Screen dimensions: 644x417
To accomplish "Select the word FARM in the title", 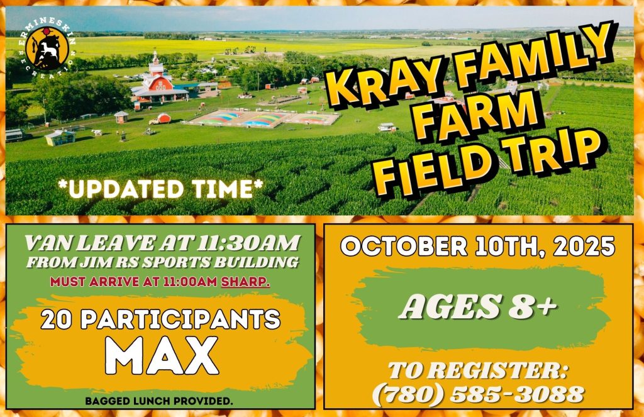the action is coord(480,116).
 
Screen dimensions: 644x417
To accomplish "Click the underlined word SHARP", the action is coord(245,282).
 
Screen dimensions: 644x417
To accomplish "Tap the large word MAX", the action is coord(162,355).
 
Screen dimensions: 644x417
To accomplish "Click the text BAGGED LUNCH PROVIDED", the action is coord(159,401).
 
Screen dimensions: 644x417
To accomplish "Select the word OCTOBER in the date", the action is coord(404,247).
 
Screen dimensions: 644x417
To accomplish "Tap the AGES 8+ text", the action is coord(479,306).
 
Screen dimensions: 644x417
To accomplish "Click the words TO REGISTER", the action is coord(478,370).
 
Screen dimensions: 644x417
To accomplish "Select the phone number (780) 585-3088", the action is coord(478,394).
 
